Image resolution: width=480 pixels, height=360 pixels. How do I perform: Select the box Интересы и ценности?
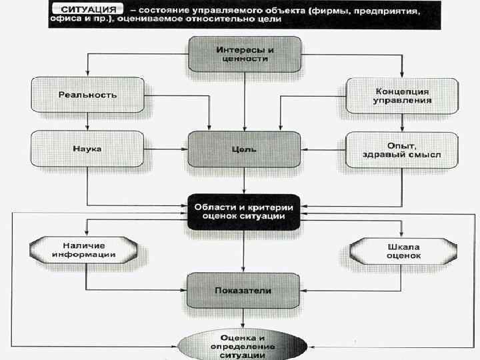(x=245, y=54)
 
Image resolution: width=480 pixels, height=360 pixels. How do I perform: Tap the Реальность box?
(x=87, y=94)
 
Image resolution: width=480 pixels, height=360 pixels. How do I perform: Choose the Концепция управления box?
(x=403, y=95)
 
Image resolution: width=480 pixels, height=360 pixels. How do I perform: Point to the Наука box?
(x=87, y=149)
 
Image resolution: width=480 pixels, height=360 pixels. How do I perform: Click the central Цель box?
(x=245, y=149)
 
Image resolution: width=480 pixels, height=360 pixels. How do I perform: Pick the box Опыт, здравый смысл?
(x=403, y=149)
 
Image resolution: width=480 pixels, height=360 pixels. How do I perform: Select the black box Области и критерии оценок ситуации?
(x=245, y=211)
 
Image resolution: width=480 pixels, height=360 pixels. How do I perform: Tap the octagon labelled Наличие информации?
(x=87, y=249)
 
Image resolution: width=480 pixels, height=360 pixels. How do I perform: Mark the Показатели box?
(x=245, y=290)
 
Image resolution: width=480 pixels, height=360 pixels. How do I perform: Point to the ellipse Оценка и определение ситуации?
(x=245, y=345)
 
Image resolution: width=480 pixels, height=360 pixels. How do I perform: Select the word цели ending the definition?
(x=267, y=19)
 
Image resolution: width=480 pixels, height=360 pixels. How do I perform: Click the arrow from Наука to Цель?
(x=167, y=149)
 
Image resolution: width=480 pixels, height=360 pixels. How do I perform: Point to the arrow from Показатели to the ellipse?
(x=245, y=320)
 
